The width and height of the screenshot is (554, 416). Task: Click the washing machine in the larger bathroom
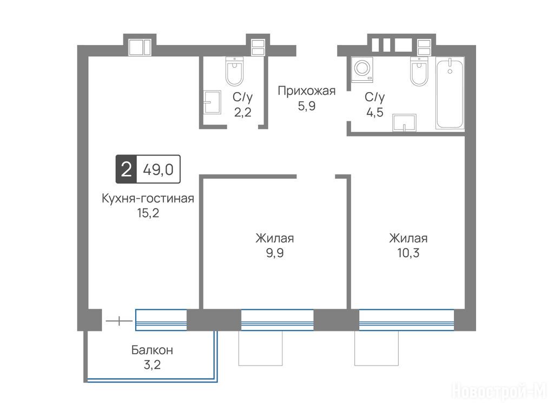(362, 69)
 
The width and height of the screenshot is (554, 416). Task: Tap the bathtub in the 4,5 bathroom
(450, 94)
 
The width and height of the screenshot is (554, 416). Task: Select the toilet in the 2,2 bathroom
(234, 71)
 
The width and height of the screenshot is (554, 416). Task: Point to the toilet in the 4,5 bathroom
(419, 71)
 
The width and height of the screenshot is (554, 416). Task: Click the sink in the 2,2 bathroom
(212, 102)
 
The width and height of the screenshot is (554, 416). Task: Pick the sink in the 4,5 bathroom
(404, 122)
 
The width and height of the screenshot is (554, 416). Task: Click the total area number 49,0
(159, 170)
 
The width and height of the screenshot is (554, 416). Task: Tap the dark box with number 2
(126, 169)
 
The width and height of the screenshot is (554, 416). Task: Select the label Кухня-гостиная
(148, 198)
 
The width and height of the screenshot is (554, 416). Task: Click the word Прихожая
(306, 91)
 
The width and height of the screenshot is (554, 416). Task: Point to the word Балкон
(152, 350)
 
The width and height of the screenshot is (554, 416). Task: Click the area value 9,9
(275, 253)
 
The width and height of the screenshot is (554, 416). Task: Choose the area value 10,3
(408, 253)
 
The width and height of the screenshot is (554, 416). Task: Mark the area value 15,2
(148, 213)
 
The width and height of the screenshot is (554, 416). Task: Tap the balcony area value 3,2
(152, 365)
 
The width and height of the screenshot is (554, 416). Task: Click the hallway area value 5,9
(306, 106)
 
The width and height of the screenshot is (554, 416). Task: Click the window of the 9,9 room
(278, 320)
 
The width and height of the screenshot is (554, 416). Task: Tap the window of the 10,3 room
(407, 320)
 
